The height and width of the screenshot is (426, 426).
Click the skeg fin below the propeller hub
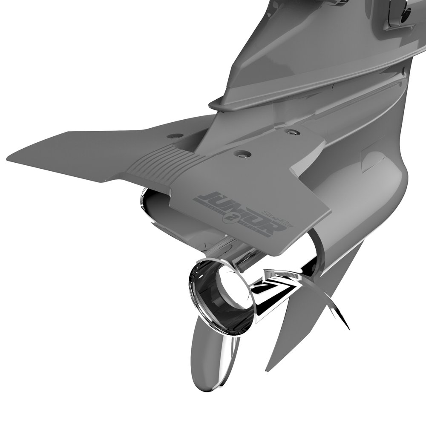click(209, 362)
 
